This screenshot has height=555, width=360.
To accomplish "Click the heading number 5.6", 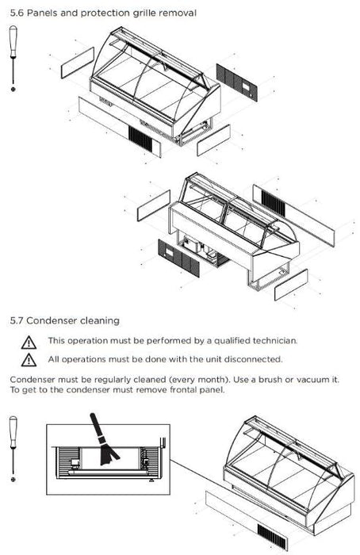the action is point(17,13).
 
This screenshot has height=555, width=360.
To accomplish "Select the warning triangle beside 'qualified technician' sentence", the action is point(29,343).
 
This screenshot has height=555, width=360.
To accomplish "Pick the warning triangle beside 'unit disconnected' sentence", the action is point(29,360).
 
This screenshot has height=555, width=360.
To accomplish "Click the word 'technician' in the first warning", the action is point(275,340).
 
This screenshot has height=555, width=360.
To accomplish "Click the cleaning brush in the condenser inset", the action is point(102,441).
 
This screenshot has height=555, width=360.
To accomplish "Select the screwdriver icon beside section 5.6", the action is point(13,59).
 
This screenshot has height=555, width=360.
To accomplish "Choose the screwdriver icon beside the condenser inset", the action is point(13,449).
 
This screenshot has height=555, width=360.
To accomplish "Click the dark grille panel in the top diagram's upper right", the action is point(237,82).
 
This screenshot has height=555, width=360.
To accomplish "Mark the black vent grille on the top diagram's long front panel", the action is point(140,139).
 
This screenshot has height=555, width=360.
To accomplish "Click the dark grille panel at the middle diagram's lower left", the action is point(178,258).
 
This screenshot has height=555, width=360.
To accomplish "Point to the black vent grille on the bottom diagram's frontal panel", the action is point(271,535).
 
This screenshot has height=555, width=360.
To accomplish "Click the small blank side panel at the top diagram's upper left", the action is point(78,63).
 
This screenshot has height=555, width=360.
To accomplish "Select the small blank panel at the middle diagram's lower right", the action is point(291,285).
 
